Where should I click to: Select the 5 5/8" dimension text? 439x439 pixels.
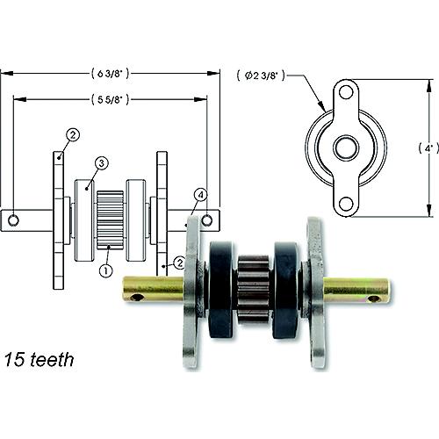tap(111, 99)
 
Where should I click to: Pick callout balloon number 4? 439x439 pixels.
tap(201, 194)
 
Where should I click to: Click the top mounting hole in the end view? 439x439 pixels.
tap(347, 92)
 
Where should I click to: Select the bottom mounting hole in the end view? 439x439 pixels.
tap(347, 204)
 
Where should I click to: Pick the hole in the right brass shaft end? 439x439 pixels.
tap(375, 299)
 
